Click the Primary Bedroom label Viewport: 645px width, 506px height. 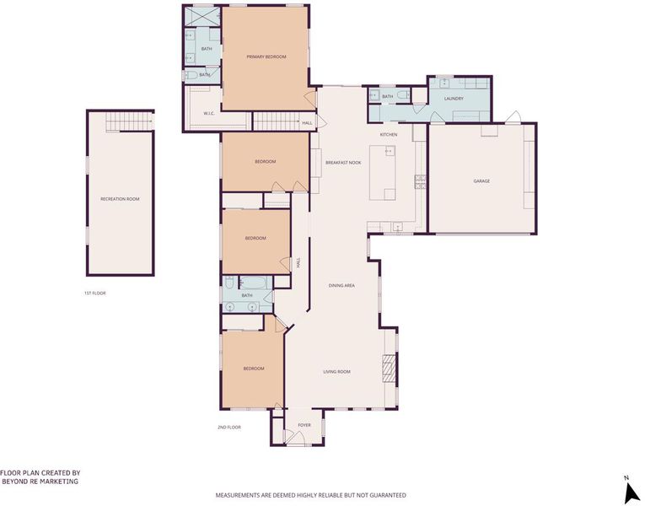(266, 57)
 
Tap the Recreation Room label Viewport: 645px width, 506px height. (120, 199)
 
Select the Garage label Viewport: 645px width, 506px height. (481, 181)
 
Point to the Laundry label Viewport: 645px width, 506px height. (454, 99)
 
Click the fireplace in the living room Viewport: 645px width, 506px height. (389, 369)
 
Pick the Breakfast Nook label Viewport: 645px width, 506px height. (343, 163)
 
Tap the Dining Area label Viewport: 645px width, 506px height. (341, 286)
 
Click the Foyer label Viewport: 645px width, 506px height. (304, 425)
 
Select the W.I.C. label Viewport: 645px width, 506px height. (209, 114)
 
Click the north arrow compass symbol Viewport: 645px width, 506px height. (630, 492)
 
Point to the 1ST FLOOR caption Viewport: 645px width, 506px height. (95, 293)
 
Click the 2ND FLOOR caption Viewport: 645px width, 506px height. (229, 428)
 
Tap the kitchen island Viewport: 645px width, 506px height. (383, 172)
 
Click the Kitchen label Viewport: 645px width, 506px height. (389, 135)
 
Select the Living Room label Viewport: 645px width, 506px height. (337, 372)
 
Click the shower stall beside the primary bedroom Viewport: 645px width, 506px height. (202, 17)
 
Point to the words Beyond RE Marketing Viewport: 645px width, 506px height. (40, 482)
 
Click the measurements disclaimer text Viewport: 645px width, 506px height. (311, 495)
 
